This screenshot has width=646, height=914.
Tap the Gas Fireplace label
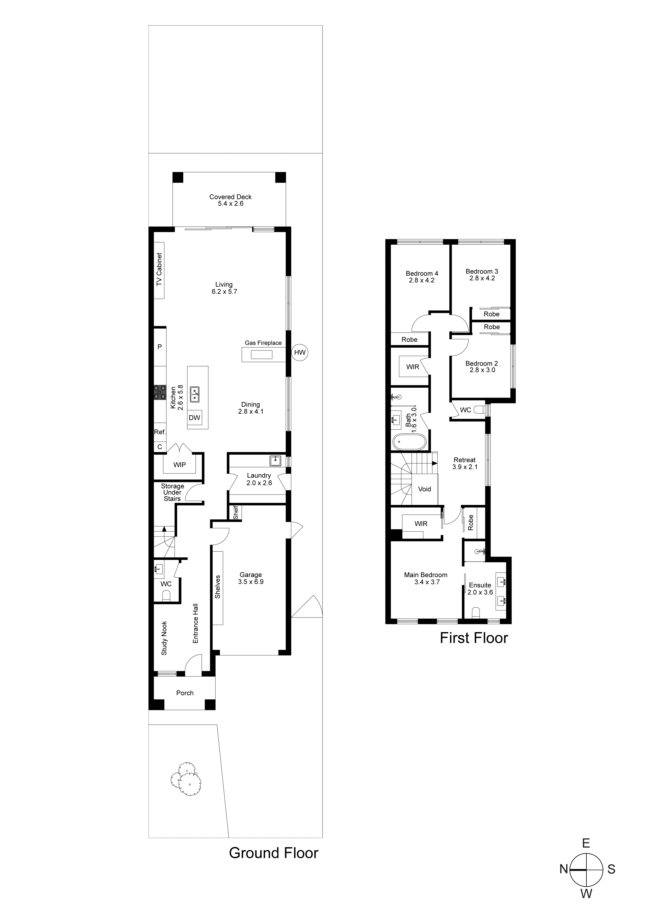[263, 343]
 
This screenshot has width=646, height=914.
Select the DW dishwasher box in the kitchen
[194, 418]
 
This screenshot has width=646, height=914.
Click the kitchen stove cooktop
[160, 392]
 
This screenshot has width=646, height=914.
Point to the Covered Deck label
[231, 200]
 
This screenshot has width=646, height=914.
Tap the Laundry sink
[275, 461]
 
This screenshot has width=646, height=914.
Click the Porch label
[185, 693]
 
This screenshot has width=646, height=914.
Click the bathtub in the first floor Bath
[409, 442]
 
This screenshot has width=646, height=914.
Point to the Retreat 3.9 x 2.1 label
[464, 463]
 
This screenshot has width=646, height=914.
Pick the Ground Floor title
[274, 853]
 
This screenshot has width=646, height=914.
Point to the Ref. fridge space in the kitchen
[160, 432]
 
